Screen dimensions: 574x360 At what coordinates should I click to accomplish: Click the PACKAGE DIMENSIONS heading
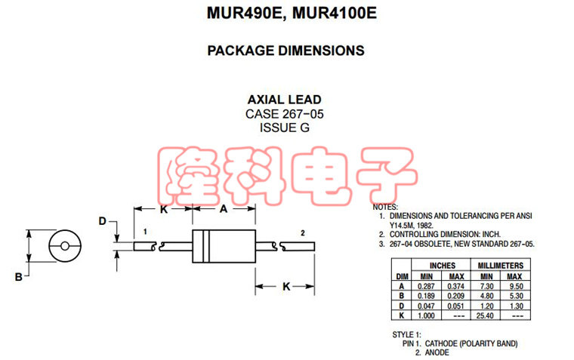point(285,51)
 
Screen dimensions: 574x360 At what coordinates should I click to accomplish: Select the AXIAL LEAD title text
point(285,100)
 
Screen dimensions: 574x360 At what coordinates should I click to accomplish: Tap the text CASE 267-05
point(285,114)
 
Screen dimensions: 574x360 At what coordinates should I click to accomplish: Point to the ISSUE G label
point(285,128)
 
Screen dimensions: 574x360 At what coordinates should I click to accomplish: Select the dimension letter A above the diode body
point(223,209)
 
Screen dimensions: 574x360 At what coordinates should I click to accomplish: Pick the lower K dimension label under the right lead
point(286,286)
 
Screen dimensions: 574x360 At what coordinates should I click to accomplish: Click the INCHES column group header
point(442,266)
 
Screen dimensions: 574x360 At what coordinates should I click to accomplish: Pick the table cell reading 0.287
point(427,286)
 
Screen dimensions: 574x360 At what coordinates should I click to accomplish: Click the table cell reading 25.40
point(486,315)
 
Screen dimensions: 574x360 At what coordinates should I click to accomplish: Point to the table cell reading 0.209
point(456,296)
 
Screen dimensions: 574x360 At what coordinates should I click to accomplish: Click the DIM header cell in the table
point(402,276)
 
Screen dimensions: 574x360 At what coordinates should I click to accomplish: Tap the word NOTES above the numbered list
point(386,207)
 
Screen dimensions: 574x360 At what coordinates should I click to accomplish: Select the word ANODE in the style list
point(437,352)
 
